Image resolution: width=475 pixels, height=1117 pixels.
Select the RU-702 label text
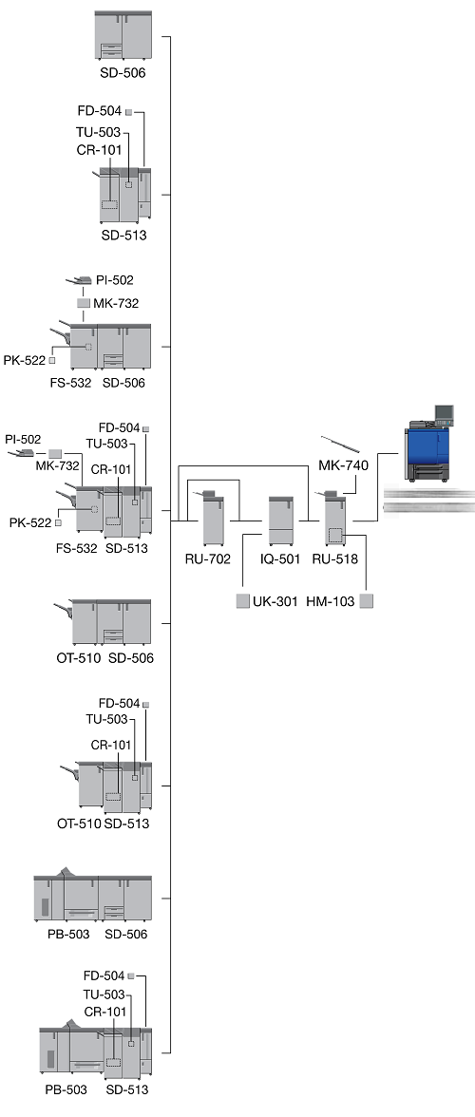[x=208, y=558]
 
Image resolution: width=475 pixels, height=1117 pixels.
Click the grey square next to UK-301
[x=243, y=601]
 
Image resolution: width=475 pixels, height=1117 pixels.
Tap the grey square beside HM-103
[x=367, y=601]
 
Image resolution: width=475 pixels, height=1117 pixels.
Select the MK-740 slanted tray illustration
[x=339, y=445]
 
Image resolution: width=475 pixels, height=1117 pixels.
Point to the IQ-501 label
[x=280, y=558]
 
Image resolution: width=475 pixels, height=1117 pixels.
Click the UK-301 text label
[x=275, y=601]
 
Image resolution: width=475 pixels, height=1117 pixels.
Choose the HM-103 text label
[x=331, y=601]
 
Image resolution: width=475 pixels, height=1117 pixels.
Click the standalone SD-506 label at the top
[x=123, y=71]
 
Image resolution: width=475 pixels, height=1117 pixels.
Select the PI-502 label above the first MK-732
[x=115, y=280]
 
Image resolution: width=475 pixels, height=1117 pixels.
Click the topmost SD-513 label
[x=123, y=235]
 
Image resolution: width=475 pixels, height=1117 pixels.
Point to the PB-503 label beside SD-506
[x=68, y=934]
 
